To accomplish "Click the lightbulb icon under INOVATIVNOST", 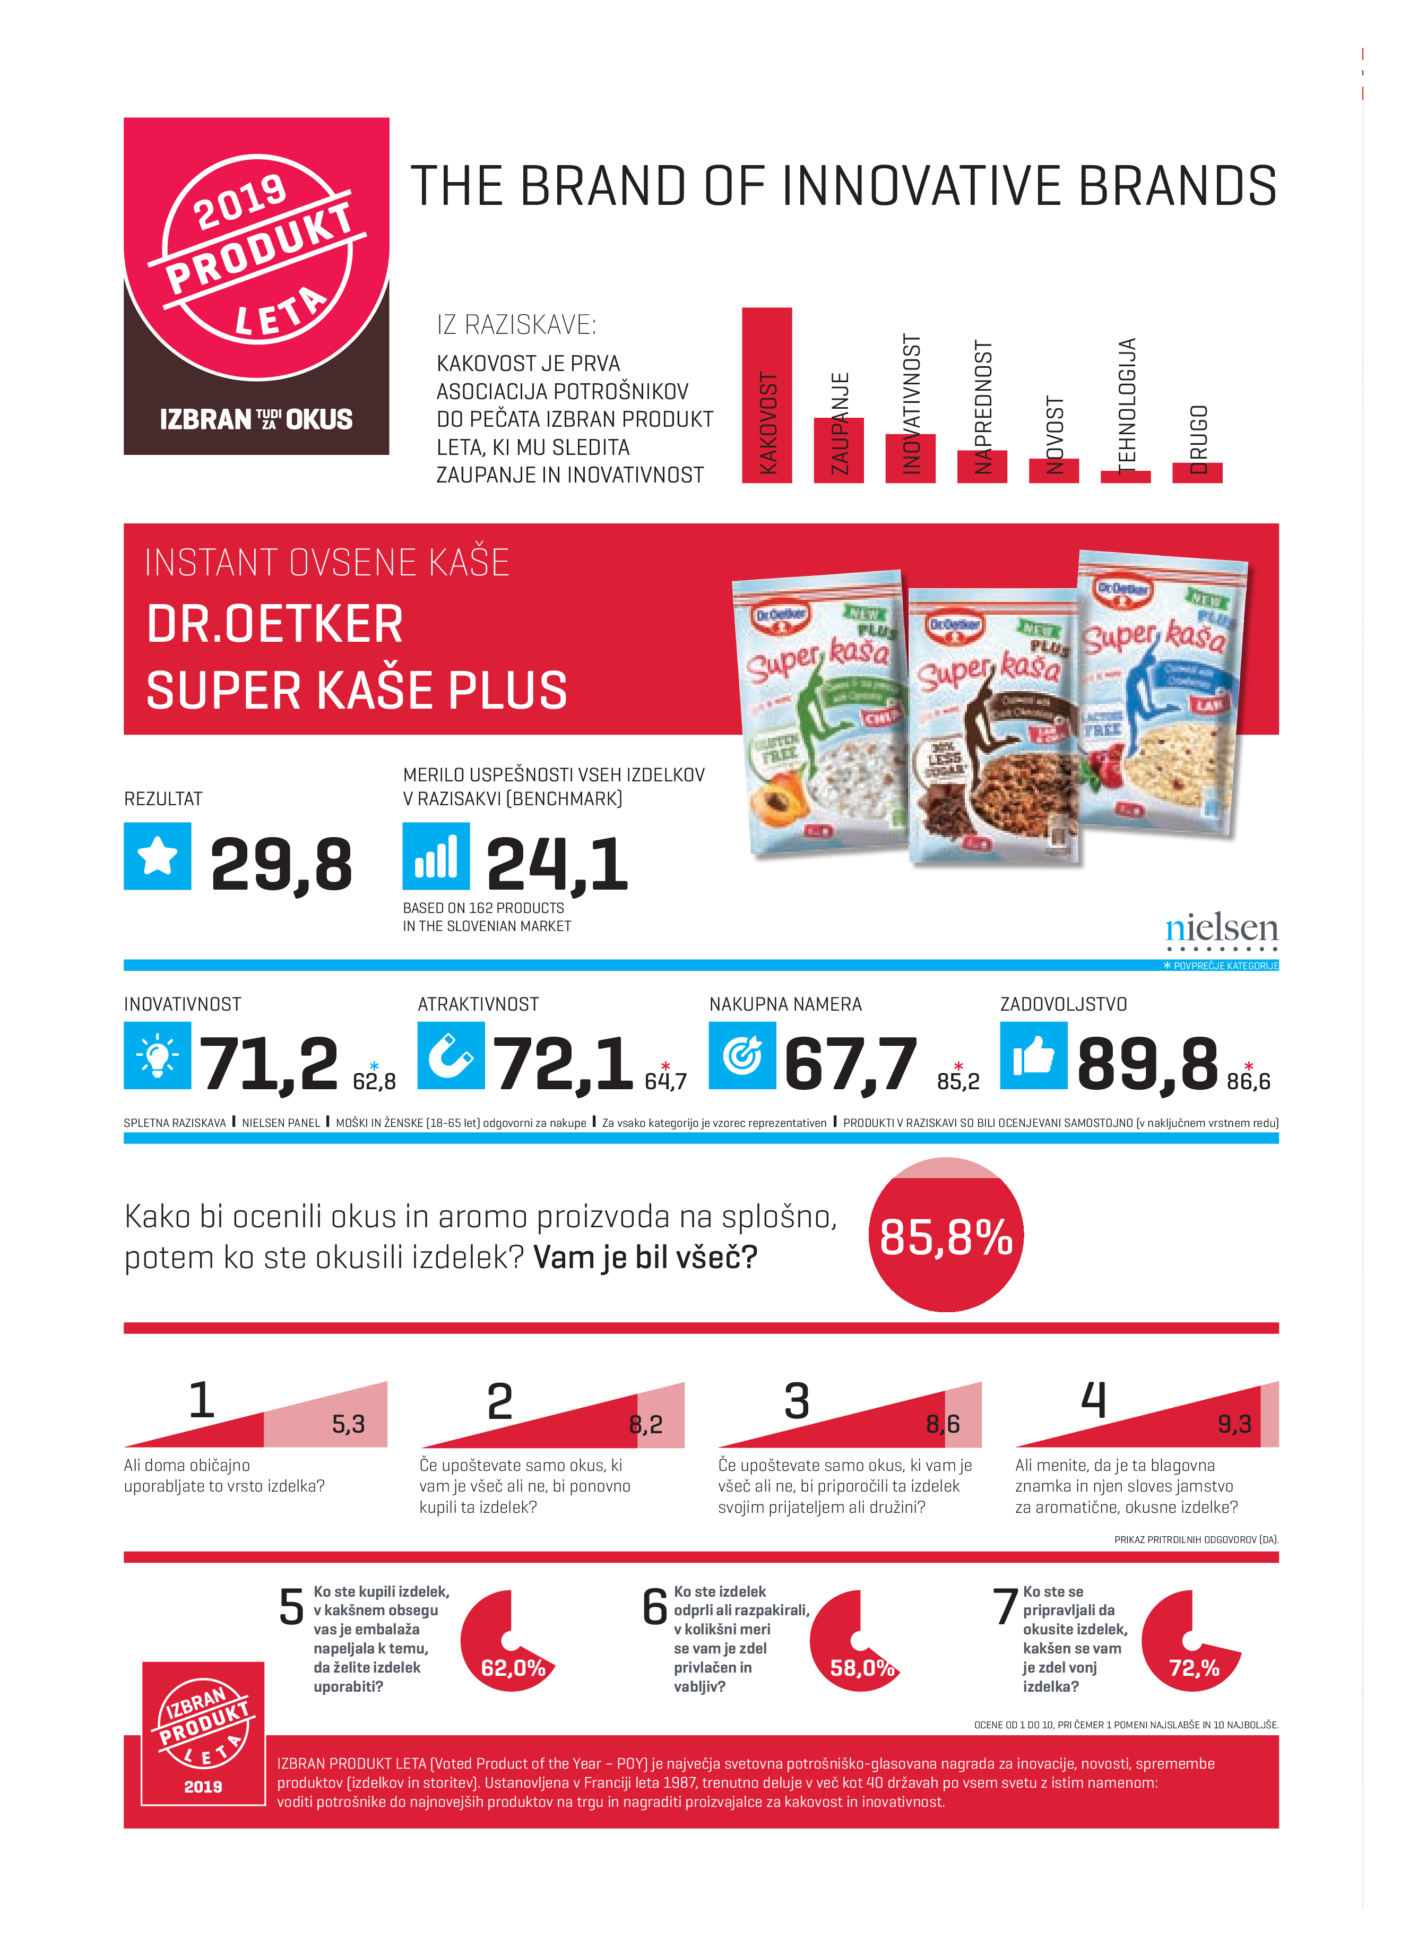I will pyautogui.click(x=158, y=1055).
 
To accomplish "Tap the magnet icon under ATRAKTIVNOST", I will pyautogui.click(x=451, y=1055).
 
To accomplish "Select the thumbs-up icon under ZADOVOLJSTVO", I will pyautogui.click(x=1033, y=1055).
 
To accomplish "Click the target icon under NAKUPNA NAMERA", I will pyautogui.click(x=742, y=1055).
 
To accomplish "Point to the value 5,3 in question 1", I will pyautogui.click(x=348, y=1424).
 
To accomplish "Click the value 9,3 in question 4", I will pyautogui.click(x=1233, y=1424).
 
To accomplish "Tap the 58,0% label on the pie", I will pyautogui.click(x=862, y=1668).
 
